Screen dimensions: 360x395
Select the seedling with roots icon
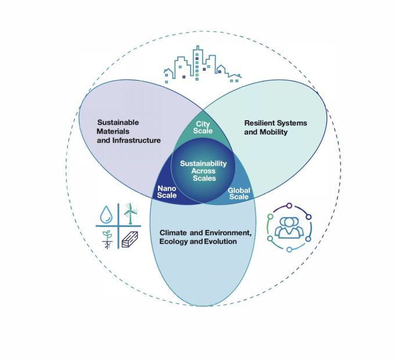pyautogui.click(x=106, y=238)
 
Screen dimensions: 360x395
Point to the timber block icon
pyautogui.click(x=130, y=239)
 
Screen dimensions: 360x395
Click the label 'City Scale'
pyautogui.click(x=203, y=128)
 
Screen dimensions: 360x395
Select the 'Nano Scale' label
pyautogui.click(x=167, y=191)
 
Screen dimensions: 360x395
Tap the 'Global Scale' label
pyautogui.click(x=238, y=193)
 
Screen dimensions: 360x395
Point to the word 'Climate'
pyautogui.click(x=173, y=233)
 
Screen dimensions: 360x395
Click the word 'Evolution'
pyautogui.click(x=221, y=242)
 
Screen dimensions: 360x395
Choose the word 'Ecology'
pyautogui.click(x=174, y=242)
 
